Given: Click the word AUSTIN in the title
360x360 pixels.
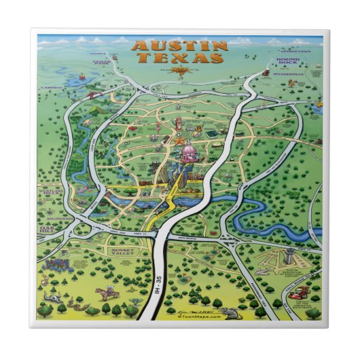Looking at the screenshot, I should [179, 46].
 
